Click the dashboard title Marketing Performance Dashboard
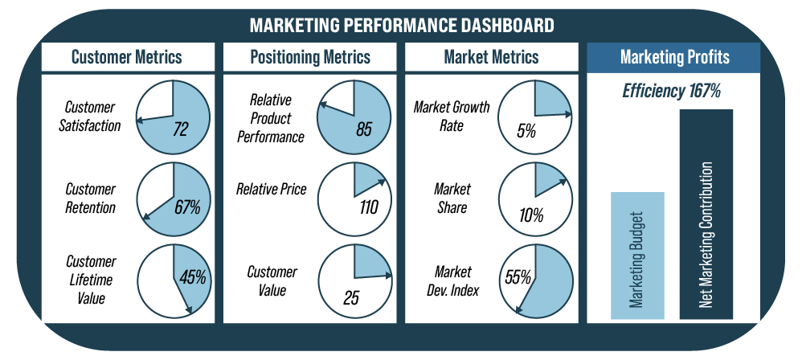(x=402, y=25)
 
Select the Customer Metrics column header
(x=127, y=57)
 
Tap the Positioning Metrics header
(x=310, y=57)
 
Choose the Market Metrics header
(x=492, y=57)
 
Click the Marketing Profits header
(x=675, y=57)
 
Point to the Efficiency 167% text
(x=672, y=91)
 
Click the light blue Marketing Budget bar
(x=637, y=256)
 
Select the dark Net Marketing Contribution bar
(x=706, y=215)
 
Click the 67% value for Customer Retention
(x=187, y=207)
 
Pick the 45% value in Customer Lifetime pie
(x=192, y=277)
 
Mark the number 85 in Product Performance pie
(x=364, y=129)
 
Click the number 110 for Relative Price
(x=368, y=207)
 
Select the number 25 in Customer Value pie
(x=351, y=297)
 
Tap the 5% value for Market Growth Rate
(x=526, y=132)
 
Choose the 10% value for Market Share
(x=531, y=216)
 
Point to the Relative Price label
(x=271, y=189)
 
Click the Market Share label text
(x=452, y=198)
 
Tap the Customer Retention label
(x=91, y=198)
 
